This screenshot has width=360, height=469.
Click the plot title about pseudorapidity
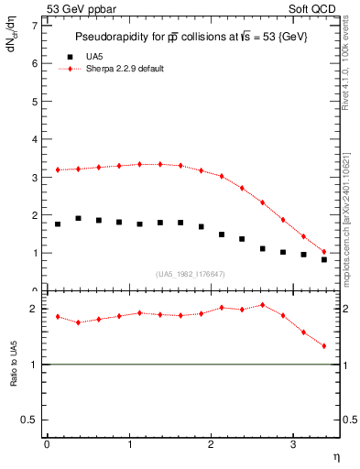tap(191, 37)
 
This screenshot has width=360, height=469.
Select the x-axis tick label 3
tap(292, 445)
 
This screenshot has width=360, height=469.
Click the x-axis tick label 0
tap(47, 445)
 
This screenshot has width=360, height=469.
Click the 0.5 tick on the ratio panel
tap(29, 420)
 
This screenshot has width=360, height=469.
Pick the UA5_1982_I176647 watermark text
tap(191, 274)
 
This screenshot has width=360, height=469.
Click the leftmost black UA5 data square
tap(58, 224)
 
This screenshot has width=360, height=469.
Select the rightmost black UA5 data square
tap(324, 259)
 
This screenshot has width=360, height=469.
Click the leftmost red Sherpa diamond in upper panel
tap(58, 169)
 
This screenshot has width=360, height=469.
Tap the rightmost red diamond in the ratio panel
tap(324, 346)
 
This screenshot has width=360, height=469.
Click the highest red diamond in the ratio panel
tap(263, 305)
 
